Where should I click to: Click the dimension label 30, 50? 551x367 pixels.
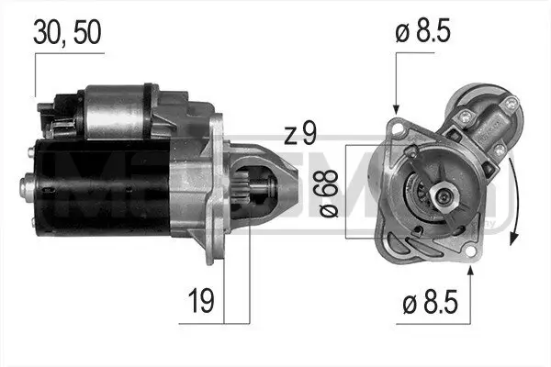[x=66, y=32]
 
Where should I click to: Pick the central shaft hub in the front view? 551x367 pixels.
[x=442, y=195]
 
